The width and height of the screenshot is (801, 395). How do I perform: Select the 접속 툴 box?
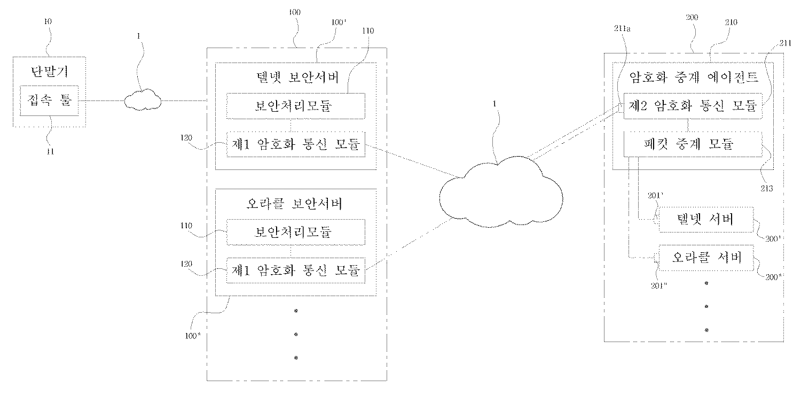pos(49,100)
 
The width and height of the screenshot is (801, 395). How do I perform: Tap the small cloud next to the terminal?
pos(142,99)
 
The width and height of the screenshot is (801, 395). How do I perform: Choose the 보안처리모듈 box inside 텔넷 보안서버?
pos(295,106)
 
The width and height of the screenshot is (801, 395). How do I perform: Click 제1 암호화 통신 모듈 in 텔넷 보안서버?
pos(295,144)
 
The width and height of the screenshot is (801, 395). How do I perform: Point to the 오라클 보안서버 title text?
pos(295,204)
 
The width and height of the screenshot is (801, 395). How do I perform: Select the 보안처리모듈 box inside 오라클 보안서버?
pos(295,232)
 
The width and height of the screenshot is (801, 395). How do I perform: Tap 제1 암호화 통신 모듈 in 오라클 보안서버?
pos(295,270)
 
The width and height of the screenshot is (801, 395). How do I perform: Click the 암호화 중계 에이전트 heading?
pos(693,78)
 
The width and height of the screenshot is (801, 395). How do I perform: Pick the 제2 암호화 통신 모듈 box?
pos(693,106)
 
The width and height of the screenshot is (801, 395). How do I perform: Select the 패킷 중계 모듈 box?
pos(693,144)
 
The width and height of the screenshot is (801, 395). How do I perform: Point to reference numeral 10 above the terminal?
pos(49,21)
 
